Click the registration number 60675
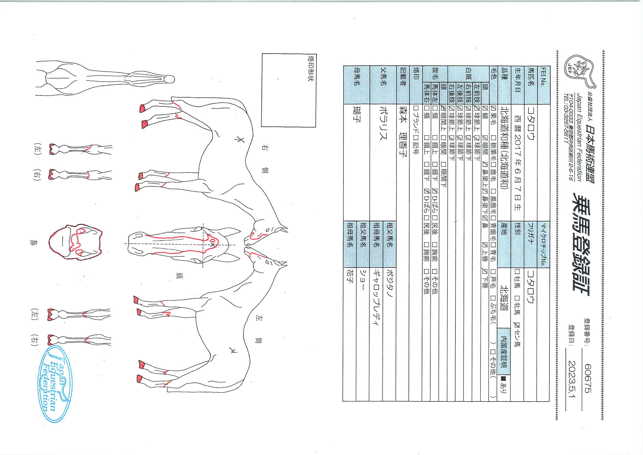tap(588, 379)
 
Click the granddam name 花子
tap(350, 276)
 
